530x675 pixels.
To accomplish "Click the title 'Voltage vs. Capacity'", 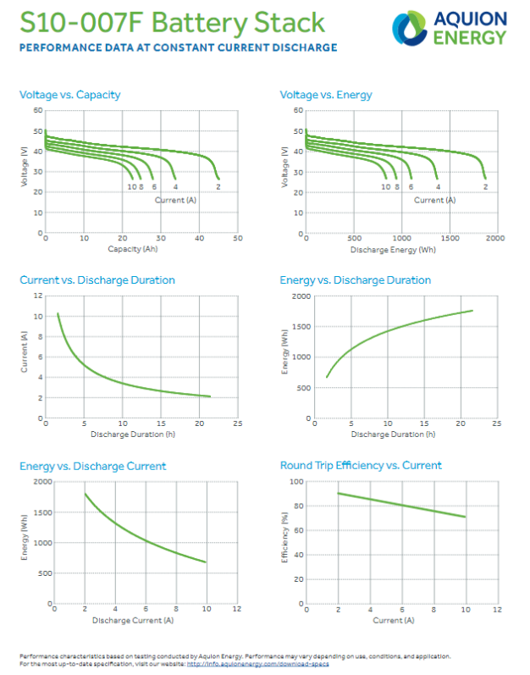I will [69, 95].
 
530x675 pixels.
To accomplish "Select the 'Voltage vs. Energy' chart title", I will [326, 95].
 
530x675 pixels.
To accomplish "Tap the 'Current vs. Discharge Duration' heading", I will [97, 280].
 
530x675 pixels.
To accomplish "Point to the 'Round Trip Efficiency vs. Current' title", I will [361, 466].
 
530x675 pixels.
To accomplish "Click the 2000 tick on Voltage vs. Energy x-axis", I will [495, 240].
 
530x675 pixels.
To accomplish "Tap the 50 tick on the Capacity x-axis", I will [238, 240].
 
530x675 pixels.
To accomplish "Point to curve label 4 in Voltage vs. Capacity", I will [175, 186].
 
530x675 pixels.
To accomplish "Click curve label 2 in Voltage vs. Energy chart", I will [485, 186].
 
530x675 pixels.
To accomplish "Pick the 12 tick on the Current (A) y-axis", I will [38, 296].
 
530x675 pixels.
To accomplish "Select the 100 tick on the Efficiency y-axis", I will [298, 481].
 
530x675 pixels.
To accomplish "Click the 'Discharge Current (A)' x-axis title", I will [133, 621].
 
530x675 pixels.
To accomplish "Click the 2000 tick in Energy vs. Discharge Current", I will [40, 481].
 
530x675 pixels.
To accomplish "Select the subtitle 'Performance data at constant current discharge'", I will [178, 48].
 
